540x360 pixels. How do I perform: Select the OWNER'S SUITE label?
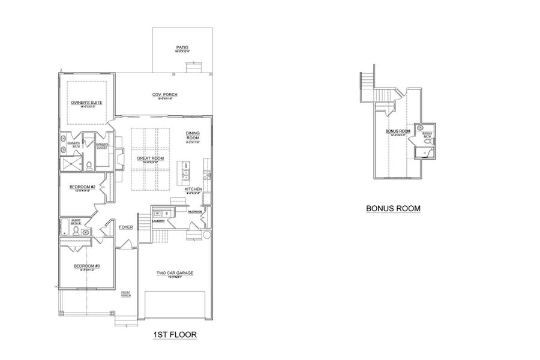point(86,103)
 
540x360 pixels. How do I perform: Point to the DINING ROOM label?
point(193,136)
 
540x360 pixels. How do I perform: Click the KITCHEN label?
point(193,189)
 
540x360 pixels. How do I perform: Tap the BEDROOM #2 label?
point(83,187)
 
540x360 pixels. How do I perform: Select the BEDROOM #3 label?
point(87,266)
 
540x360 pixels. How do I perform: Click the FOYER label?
point(126,227)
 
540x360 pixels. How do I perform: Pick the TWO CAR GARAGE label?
point(175,273)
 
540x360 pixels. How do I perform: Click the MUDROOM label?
point(195,212)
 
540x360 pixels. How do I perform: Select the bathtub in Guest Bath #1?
point(65,227)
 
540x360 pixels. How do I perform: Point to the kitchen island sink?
point(186,175)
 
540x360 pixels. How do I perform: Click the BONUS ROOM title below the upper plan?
point(394,209)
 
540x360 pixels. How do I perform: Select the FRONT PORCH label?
point(126,295)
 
